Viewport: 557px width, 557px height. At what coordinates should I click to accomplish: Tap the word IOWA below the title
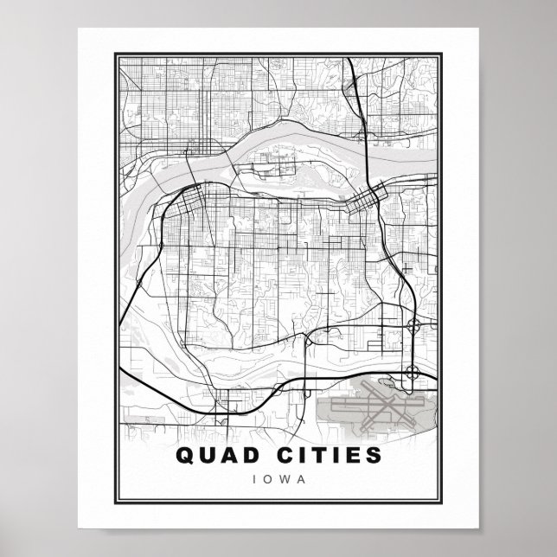(278, 477)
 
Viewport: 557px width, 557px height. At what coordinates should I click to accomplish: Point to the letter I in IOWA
(253, 477)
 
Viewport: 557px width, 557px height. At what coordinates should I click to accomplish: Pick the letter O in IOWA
(266, 477)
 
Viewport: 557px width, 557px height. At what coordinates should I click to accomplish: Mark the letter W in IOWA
(284, 477)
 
